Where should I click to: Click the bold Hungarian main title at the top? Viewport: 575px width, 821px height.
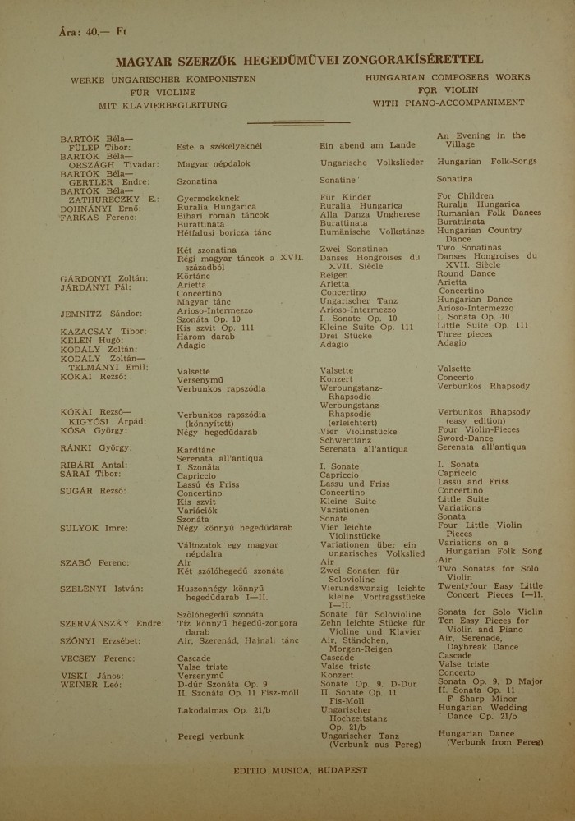tap(287, 61)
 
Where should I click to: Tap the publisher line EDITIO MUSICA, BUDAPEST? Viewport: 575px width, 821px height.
tap(301, 770)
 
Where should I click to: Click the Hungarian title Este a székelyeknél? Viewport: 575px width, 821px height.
tap(219, 146)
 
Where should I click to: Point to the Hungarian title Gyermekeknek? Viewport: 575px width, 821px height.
tap(208, 199)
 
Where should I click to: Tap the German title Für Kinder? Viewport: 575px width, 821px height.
tap(345, 198)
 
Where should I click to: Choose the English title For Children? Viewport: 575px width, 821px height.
tap(465, 196)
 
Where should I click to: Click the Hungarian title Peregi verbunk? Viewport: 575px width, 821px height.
tap(210, 736)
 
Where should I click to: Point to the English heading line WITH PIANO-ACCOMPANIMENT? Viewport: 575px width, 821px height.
tap(448, 103)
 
